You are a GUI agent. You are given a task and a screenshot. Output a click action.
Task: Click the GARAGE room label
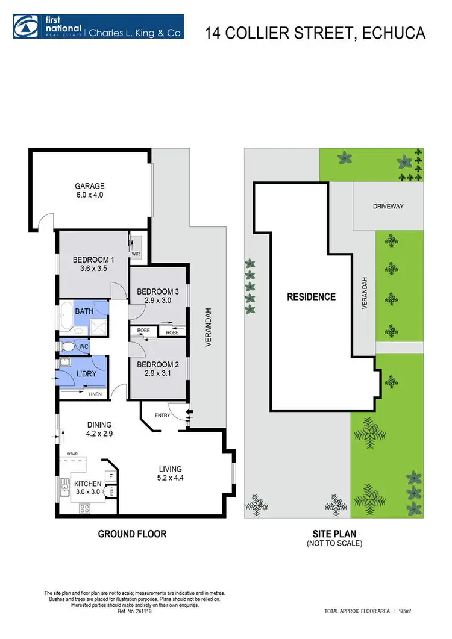[89, 186]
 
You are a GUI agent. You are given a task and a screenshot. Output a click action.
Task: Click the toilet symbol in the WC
[69, 347]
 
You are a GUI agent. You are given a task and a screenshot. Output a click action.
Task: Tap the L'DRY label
[85, 374]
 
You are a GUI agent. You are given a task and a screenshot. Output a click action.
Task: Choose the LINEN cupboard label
[95, 394]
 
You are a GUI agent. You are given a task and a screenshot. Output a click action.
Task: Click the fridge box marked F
[111, 476]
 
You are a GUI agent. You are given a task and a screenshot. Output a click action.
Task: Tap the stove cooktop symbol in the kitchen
[85, 508]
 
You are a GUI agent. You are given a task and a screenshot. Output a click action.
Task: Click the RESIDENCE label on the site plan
[311, 296]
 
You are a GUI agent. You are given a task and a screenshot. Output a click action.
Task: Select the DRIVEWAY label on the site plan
[388, 206]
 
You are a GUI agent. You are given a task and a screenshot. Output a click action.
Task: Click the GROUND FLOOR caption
[133, 534]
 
